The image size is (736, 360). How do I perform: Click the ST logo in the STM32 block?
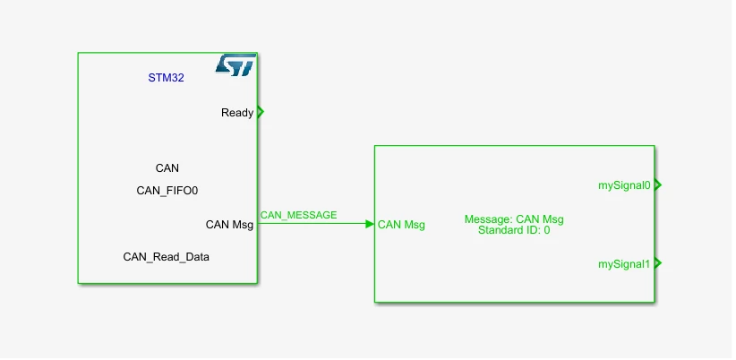[235, 64]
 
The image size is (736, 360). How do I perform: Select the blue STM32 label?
[167, 78]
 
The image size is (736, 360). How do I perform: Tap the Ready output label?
[237, 113]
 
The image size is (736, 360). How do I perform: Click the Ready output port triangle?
[261, 112]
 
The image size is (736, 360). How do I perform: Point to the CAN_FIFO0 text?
[167, 191]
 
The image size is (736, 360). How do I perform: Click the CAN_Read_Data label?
[167, 257]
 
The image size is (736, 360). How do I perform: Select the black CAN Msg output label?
[229, 225]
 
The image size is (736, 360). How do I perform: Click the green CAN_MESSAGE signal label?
[298, 215]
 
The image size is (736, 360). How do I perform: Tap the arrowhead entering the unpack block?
[370, 224]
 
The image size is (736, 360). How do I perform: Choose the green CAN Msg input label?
[401, 225]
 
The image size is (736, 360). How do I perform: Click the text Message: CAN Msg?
[514, 219]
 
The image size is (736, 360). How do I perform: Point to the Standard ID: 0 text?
[514, 230]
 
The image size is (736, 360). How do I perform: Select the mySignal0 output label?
[624, 185]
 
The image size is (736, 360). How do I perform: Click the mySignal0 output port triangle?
[657, 185]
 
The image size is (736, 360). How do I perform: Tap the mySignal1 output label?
[624, 264]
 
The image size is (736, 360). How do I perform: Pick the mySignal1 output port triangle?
[657, 263]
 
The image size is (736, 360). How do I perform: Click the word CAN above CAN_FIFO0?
[167, 168]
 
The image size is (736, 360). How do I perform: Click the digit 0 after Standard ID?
[547, 230]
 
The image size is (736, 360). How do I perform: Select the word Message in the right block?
[488, 219]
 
